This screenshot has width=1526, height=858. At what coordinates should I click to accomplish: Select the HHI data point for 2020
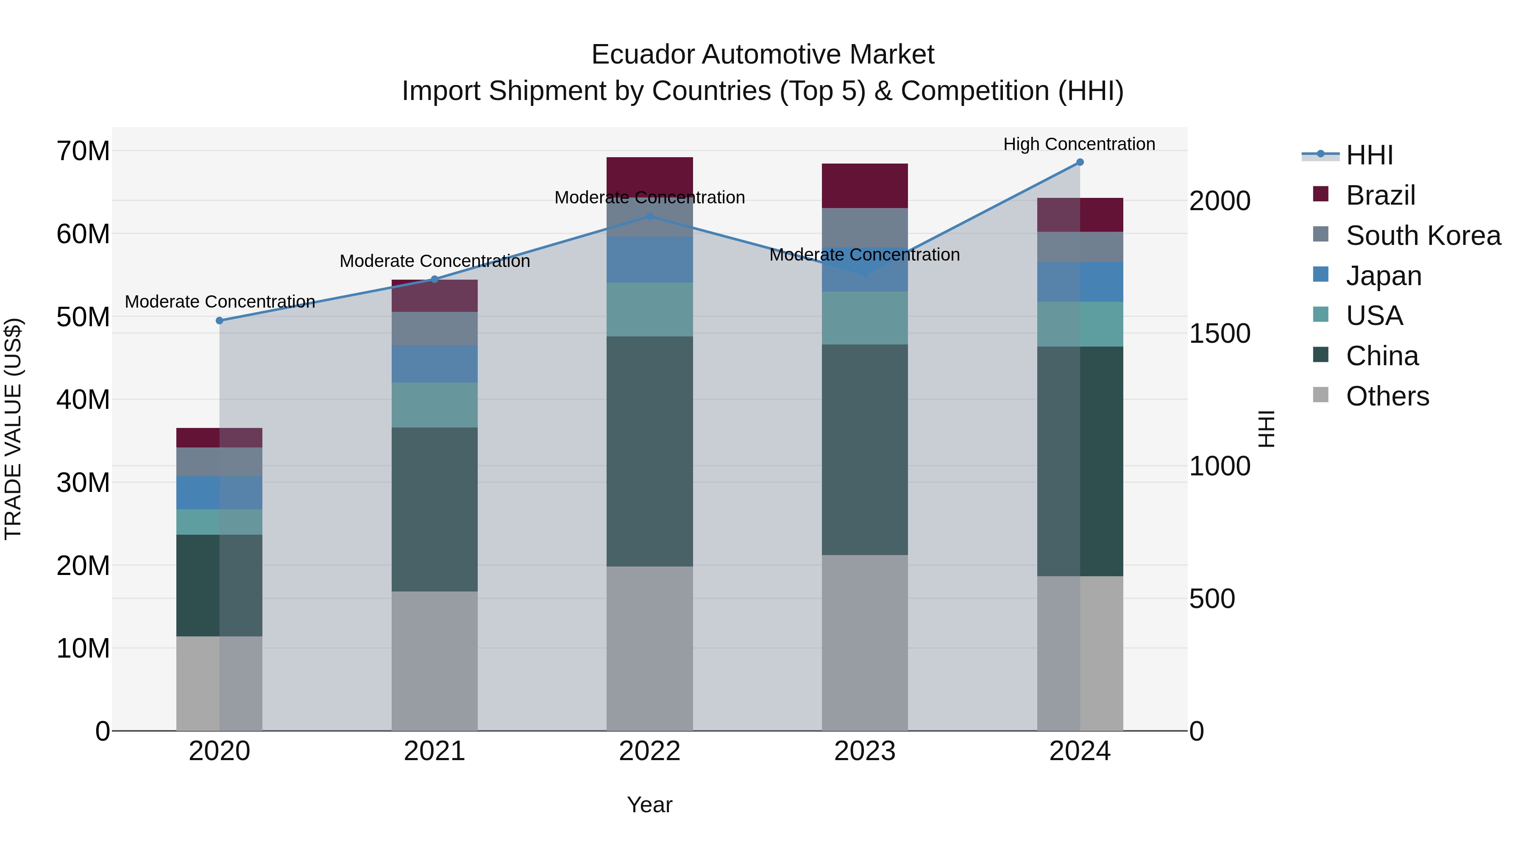[x=219, y=320]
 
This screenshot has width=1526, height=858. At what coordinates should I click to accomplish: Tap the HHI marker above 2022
[x=649, y=216]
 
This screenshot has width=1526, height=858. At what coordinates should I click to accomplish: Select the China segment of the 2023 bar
[x=864, y=450]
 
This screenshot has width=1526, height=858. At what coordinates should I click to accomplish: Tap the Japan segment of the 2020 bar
[x=219, y=493]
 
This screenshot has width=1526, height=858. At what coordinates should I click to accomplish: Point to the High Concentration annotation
[x=1079, y=144]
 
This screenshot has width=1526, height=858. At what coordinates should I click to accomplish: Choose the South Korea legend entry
[x=1423, y=236]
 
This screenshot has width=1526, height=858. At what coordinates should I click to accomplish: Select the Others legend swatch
[x=1320, y=395]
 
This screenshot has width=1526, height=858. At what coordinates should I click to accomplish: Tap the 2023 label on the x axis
[x=864, y=751]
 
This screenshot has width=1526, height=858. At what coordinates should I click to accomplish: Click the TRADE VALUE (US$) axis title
[x=13, y=429]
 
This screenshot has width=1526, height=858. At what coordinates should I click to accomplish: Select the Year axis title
[x=649, y=805]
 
